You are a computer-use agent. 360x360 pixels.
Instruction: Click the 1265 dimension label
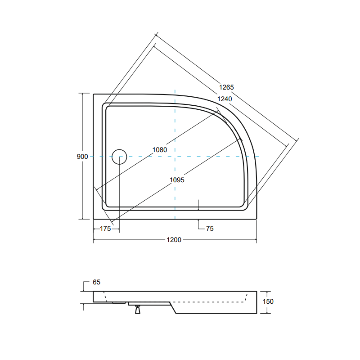226,87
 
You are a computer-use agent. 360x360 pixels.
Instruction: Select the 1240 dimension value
224,99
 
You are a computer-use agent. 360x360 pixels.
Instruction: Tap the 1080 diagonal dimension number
160,150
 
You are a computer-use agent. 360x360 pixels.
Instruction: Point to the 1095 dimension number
177,180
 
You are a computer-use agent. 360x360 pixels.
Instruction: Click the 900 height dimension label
82,157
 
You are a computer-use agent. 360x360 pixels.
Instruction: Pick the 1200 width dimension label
174,240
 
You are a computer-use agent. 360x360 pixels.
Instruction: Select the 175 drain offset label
105,229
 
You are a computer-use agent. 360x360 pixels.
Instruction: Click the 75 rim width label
209,229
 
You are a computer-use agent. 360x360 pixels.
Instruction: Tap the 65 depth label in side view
96,282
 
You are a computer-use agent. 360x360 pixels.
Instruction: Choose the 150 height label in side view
268,301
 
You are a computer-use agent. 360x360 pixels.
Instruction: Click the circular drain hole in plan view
119,157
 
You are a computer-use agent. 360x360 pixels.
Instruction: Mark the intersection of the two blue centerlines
175,157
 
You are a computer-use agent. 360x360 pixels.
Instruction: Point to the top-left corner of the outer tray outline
94,94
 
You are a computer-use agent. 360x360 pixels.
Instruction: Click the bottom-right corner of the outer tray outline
256,219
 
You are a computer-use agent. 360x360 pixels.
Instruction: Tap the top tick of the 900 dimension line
82,93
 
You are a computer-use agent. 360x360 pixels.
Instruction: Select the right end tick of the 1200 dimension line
256,240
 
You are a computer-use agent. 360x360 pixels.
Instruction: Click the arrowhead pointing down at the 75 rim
198,208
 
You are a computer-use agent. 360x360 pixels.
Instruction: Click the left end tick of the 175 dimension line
94,229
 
